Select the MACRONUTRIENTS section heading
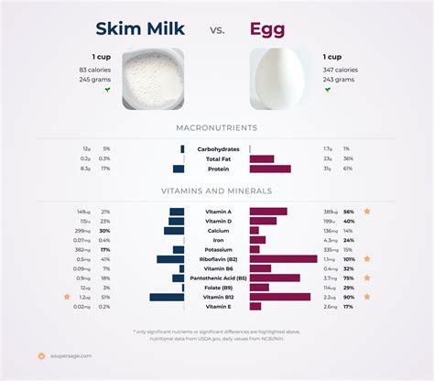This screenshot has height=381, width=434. click(216, 128)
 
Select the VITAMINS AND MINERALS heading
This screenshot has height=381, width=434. click(216, 190)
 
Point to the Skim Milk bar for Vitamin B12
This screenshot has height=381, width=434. click(167, 297)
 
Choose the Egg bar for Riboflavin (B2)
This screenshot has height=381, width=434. click(283, 259)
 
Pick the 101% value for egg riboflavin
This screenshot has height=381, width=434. click(348, 259)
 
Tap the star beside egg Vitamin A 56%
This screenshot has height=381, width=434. click(367, 212)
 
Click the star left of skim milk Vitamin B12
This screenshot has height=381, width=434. click(66, 297)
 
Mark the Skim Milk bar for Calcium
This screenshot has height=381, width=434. click(174, 231)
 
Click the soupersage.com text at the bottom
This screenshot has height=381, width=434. click(72, 356)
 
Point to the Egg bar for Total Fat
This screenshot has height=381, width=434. click(261, 158)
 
